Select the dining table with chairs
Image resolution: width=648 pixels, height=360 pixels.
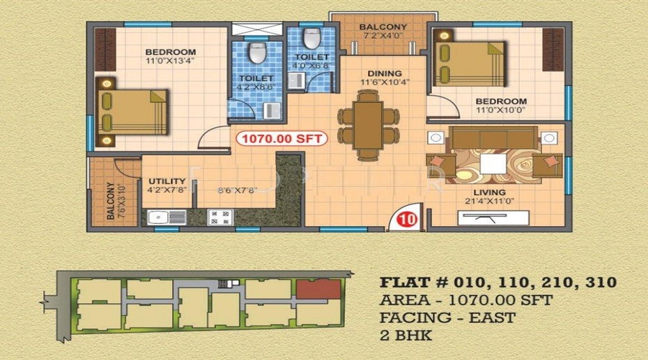[x=368, y=127]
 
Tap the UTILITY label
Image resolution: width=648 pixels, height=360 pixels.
[x=163, y=181]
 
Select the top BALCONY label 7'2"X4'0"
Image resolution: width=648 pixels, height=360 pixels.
[x=383, y=27]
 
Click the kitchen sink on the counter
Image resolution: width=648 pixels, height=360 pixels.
[x=158, y=216]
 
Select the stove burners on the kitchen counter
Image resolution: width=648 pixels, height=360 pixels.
[x=219, y=216]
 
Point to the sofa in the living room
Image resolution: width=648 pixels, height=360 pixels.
[x=492, y=138]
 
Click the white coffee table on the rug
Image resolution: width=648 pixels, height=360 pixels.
[x=493, y=165]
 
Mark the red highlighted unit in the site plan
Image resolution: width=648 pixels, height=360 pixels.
[x=318, y=290]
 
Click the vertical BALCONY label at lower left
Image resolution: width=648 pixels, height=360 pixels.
[x=110, y=201]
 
